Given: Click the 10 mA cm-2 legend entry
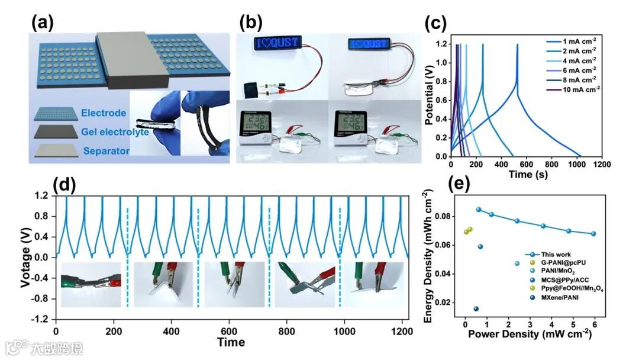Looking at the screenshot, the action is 577,89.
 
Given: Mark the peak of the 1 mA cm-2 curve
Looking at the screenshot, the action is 517,44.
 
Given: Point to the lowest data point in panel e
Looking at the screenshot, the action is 476,308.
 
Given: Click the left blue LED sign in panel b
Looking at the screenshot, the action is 277,43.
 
